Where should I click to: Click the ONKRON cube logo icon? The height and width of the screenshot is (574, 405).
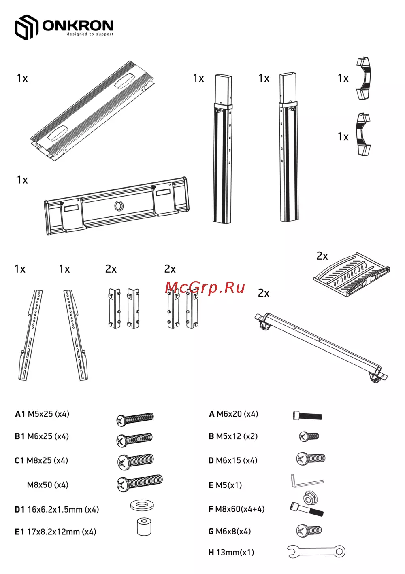pyautogui.click(x=26, y=27)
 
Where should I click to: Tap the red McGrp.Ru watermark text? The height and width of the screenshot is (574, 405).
pyautogui.click(x=205, y=287)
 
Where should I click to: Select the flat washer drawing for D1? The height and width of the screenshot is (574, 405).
pyautogui.click(x=142, y=505)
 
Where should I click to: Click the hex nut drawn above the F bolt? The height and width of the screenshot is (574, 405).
pyautogui.click(x=310, y=498)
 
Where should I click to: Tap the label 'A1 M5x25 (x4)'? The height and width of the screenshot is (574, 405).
pyautogui.click(x=42, y=414)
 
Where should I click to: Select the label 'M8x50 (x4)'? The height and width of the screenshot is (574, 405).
pyautogui.click(x=48, y=485)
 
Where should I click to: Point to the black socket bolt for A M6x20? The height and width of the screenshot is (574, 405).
pyautogui.click(x=307, y=415)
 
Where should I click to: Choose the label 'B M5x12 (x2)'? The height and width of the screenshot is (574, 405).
pyautogui.click(x=233, y=436)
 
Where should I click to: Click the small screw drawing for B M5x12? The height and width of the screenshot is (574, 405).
pyautogui.click(x=309, y=436)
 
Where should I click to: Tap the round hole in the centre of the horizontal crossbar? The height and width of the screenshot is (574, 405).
pyautogui.click(x=119, y=205)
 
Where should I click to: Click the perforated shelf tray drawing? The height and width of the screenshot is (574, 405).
pyautogui.click(x=352, y=274)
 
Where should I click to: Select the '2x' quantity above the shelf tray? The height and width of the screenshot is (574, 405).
pyautogui.click(x=322, y=256)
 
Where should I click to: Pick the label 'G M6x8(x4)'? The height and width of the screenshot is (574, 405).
pyautogui.click(x=230, y=531)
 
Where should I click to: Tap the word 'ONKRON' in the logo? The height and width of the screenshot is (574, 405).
pyautogui.click(x=78, y=25)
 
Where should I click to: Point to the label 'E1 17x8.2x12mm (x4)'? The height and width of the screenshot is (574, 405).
pyautogui.click(x=55, y=532)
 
